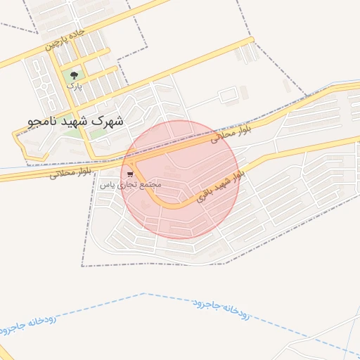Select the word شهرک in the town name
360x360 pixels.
tap(110, 120)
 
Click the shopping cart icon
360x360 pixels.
tap(131, 174)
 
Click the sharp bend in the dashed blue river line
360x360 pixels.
tap(143, 294)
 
